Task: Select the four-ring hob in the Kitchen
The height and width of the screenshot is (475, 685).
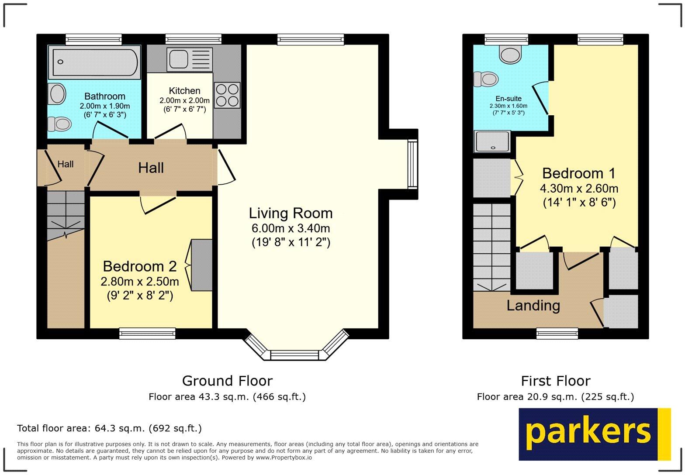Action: (x=227, y=95)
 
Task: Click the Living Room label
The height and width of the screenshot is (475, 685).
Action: (x=291, y=213)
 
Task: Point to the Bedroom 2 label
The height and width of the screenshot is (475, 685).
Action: (x=139, y=266)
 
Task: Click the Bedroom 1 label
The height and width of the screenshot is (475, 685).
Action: (x=579, y=173)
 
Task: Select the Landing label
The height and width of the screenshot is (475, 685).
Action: (x=533, y=305)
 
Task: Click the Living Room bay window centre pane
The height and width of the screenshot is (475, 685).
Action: (x=295, y=355)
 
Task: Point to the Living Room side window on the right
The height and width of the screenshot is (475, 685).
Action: (x=412, y=164)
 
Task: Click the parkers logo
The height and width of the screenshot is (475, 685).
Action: (x=594, y=434)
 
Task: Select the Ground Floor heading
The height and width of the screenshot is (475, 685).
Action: (x=227, y=381)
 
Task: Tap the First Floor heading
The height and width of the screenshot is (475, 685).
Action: (x=555, y=381)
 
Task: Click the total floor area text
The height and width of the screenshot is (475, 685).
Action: (x=109, y=428)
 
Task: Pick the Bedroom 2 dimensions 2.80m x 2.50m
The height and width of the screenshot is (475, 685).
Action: (x=139, y=281)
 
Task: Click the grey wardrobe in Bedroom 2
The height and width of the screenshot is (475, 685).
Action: (x=201, y=265)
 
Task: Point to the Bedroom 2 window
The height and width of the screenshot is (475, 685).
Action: (x=147, y=334)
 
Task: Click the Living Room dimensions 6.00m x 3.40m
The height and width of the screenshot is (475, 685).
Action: (x=291, y=228)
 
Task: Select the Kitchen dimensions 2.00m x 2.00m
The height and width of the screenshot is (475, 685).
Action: (x=184, y=100)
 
